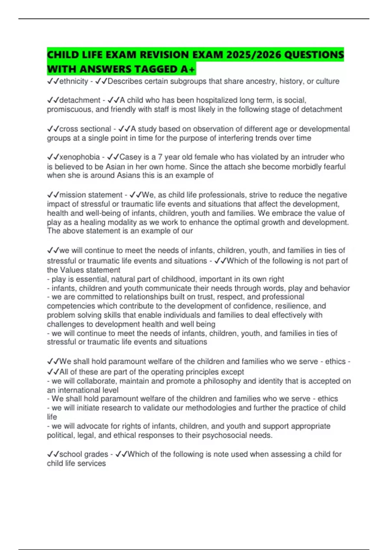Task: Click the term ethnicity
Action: click(74, 81)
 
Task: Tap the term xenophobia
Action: click(80, 157)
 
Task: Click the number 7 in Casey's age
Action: click(160, 157)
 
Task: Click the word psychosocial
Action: click(224, 435)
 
